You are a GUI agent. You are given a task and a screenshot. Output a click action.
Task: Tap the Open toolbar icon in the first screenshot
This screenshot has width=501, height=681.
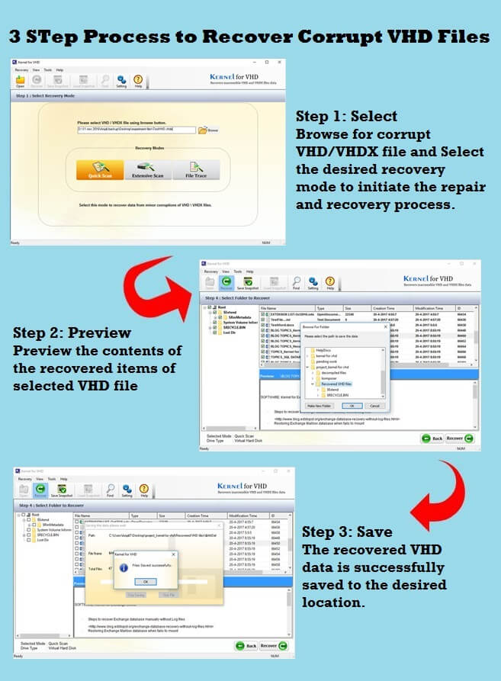coord(20,80)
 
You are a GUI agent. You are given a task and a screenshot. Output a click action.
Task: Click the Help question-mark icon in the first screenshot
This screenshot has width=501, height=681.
coord(138,80)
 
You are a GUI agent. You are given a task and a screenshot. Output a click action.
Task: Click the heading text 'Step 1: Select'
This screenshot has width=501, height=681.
coord(346,117)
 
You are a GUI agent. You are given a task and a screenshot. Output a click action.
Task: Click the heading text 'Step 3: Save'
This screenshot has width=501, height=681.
coord(347,532)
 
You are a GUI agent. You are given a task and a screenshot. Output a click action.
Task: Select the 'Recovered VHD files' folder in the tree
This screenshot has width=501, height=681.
coord(336,384)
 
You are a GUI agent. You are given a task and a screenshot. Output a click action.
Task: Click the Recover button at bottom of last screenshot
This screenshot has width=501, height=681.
coord(271,645)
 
